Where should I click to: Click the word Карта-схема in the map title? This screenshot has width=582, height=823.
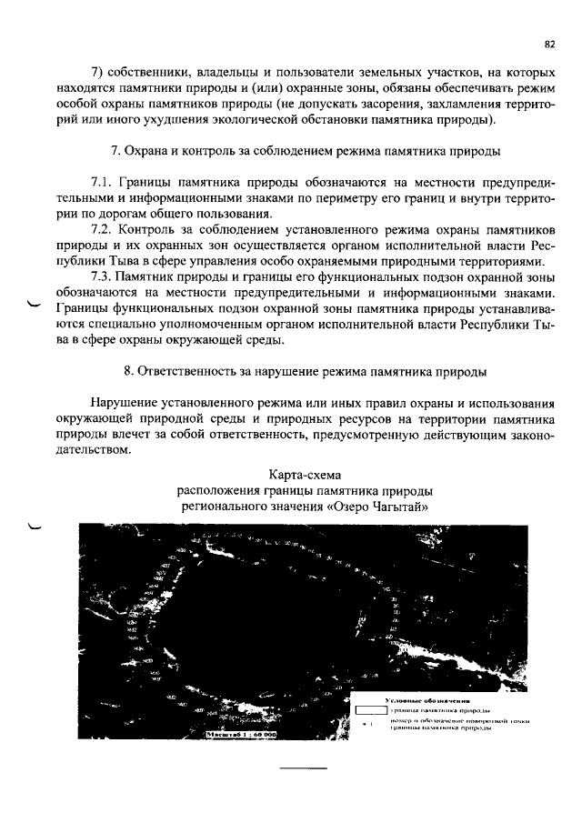tap(303, 474)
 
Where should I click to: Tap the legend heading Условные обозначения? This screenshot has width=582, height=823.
tap(426, 701)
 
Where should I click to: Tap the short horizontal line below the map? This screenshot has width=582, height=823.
tap(303, 768)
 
